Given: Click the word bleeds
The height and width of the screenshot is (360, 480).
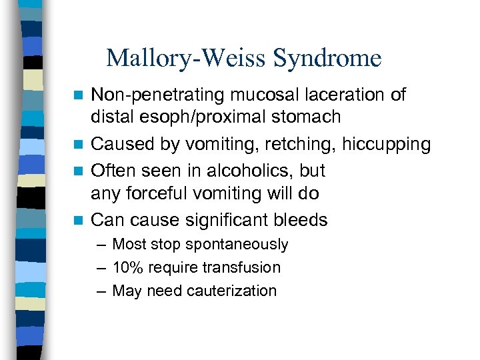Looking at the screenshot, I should (303, 219).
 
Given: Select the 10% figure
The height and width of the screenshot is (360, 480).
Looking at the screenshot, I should (127, 268).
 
